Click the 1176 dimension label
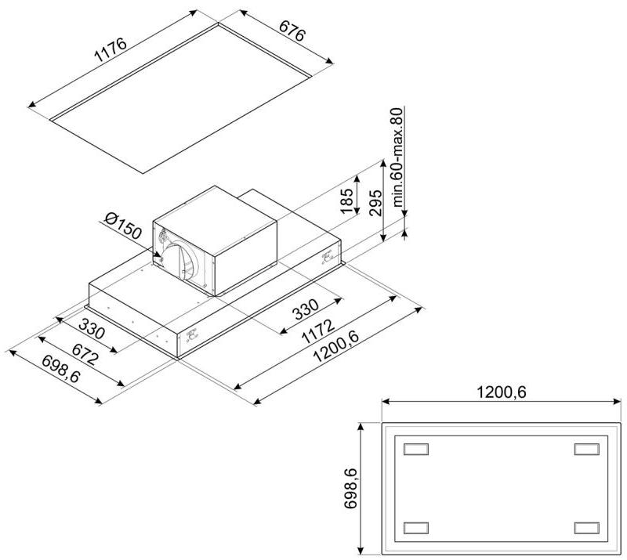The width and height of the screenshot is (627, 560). click(110, 50)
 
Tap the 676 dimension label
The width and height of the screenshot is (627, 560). click(292, 31)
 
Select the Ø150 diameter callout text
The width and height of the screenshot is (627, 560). click(123, 226)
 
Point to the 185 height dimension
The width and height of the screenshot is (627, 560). click(346, 201)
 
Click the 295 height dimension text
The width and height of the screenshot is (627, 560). click(375, 203)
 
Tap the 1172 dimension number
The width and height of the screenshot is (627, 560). click(318, 331)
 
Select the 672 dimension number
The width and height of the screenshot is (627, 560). click(85, 355)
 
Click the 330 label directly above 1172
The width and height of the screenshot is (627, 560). click(306, 309)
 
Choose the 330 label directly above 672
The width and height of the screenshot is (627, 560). click(92, 328)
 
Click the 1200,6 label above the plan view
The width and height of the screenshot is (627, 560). click(502, 392)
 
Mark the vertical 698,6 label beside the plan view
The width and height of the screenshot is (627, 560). click(350, 489)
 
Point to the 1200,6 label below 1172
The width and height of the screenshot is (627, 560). click(336, 347)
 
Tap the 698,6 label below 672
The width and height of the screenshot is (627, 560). click(61, 370)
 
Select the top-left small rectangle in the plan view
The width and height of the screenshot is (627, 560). click(416, 449)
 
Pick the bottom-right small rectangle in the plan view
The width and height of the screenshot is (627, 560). click(586, 528)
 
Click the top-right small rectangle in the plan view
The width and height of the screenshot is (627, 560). click(586, 449)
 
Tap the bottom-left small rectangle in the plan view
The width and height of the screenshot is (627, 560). click(416, 528)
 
